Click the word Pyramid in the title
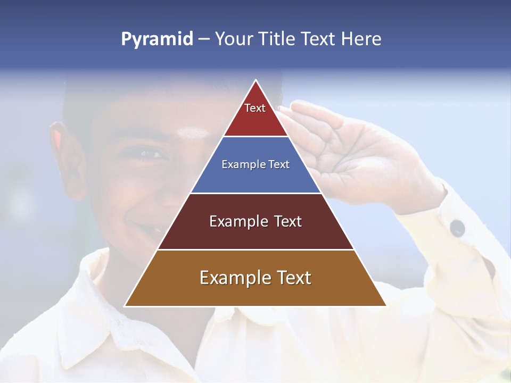[x=156, y=39]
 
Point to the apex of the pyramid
[x=256, y=81]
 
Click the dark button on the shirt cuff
[x=457, y=228]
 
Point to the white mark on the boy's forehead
[x=192, y=132]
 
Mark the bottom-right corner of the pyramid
[x=385, y=306]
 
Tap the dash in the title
[x=204, y=39]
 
